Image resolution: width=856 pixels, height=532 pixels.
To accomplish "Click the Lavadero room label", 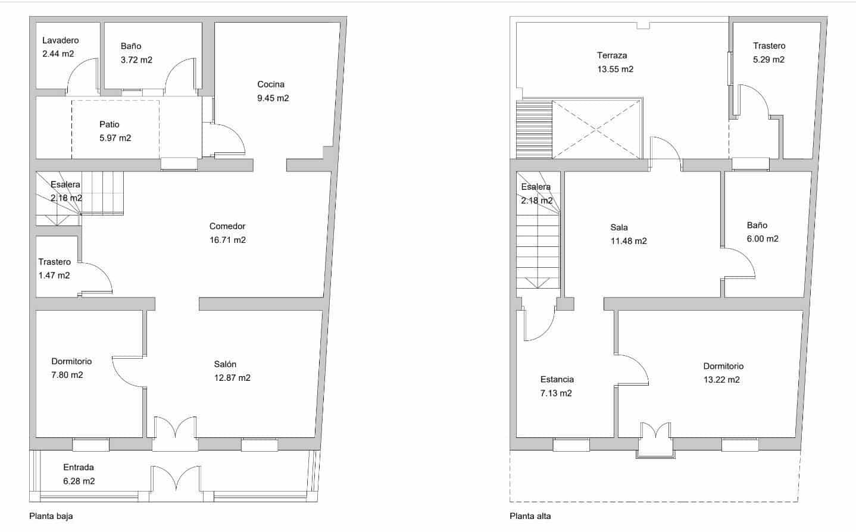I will pyautogui.click(x=60, y=40).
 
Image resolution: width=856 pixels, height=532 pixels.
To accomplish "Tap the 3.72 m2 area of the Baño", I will pyautogui.click(x=136, y=60).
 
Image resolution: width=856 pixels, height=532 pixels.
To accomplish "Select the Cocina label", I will pyautogui.click(x=270, y=85).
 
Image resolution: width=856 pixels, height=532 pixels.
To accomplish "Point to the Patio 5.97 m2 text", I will pyautogui.click(x=115, y=132).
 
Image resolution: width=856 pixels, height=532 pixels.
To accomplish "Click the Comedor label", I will pyautogui.click(x=227, y=226).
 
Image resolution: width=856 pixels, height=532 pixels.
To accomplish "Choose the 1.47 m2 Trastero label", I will pyautogui.click(x=54, y=276).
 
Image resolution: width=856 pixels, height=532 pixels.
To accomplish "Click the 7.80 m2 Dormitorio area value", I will pyautogui.click(x=67, y=375).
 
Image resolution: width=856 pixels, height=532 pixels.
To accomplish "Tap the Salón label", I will pyautogui.click(x=225, y=364).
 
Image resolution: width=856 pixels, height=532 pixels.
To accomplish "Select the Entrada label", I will pyautogui.click(x=79, y=467).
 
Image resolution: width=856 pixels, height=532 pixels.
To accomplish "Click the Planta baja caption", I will pyautogui.click(x=51, y=517).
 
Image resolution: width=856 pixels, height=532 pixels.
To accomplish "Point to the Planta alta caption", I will pyautogui.click(x=530, y=517).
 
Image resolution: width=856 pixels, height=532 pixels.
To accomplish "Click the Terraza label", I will pyautogui.click(x=612, y=55).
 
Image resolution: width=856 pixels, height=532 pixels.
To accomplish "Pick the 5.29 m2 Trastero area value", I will pyautogui.click(x=768, y=60).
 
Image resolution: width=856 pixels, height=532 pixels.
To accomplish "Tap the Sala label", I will pyautogui.click(x=618, y=227).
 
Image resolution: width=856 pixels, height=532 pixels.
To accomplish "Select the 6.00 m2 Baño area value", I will pyautogui.click(x=763, y=239).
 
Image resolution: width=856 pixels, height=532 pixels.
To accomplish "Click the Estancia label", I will pyautogui.click(x=557, y=379).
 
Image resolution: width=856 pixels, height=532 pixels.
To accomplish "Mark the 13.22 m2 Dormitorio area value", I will pyautogui.click(x=721, y=380).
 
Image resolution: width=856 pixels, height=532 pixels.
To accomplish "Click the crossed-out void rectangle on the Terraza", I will pyautogui.click(x=597, y=130).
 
